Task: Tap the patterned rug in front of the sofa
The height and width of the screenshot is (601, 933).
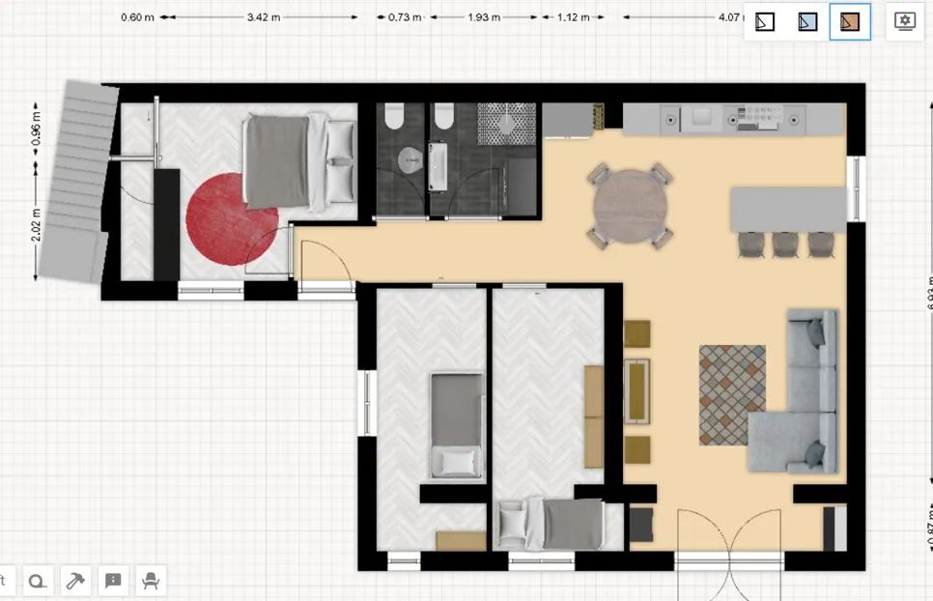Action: (731, 394)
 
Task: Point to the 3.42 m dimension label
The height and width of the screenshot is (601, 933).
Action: (266, 17)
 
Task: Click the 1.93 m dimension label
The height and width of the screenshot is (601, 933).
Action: (484, 17)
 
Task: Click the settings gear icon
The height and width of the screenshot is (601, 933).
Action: (905, 21)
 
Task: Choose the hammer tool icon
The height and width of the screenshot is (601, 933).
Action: (74, 580)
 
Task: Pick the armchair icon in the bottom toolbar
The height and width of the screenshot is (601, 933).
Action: (151, 580)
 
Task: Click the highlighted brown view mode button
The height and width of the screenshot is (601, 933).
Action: (850, 21)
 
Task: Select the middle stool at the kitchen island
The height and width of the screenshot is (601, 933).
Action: (785, 243)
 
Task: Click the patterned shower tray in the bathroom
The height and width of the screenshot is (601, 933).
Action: (506, 123)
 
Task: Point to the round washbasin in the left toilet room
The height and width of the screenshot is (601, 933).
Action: (409, 160)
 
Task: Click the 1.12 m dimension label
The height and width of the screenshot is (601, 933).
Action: (573, 17)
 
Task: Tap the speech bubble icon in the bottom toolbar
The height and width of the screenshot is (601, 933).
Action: (113, 580)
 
